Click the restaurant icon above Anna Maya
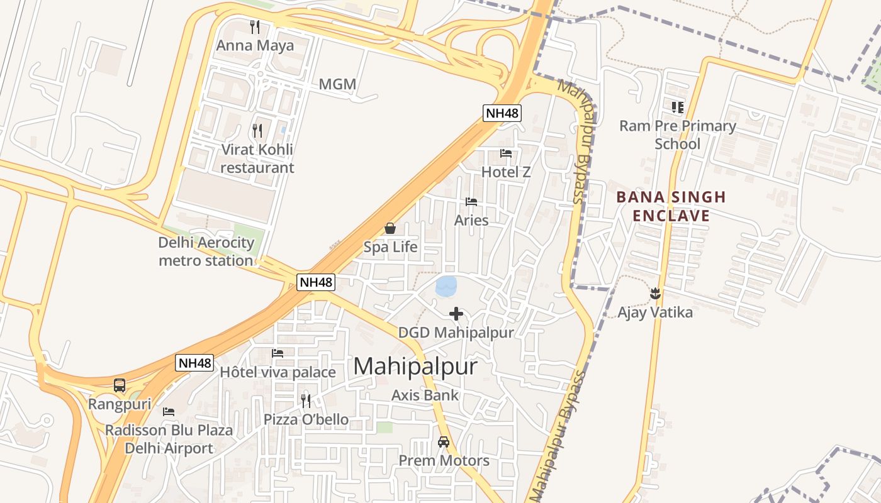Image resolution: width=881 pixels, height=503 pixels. [255, 26]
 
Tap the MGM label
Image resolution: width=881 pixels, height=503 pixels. [337, 84]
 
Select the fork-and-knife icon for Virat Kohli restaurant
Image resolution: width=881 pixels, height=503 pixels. [257, 130]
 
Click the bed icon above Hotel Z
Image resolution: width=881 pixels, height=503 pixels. [506, 153]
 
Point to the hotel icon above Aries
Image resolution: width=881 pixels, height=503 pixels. [471, 202]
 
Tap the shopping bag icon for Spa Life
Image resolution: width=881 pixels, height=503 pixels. [390, 228]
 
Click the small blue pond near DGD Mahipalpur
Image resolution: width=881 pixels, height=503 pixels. [446, 286]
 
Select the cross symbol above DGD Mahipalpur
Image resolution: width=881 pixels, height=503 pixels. [456, 313]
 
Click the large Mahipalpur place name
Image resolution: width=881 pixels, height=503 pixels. [415, 367]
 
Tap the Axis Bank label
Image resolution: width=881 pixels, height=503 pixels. [425, 395]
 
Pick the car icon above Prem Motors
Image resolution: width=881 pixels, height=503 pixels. [444, 441]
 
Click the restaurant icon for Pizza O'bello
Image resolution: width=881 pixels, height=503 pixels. [306, 401]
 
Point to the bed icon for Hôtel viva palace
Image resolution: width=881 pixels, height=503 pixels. [278, 353]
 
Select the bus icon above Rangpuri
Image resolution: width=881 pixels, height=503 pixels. [120, 385]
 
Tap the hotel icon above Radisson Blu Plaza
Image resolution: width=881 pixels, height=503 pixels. [169, 412]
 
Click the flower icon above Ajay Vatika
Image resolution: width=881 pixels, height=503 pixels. [655, 293]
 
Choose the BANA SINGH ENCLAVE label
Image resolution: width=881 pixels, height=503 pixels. [671, 206]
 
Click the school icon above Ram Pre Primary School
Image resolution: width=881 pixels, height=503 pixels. [678, 107]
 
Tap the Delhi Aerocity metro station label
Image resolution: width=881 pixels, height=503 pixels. [206, 251]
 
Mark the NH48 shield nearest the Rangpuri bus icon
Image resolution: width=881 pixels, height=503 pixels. [194, 363]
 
